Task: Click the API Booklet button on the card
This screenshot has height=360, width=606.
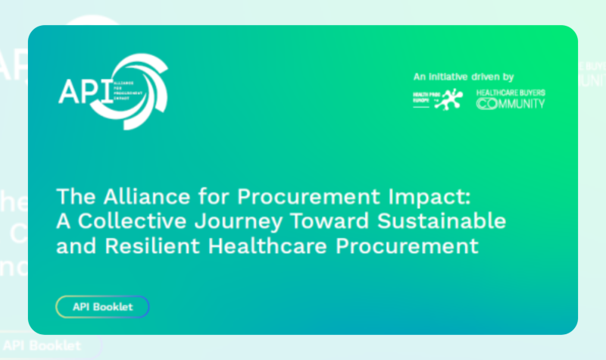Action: coord(102,307)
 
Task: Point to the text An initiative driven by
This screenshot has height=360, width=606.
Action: coord(464,77)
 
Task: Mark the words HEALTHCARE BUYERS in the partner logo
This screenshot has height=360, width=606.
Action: coord(511,92)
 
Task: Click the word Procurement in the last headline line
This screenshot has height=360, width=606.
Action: coord(409,246)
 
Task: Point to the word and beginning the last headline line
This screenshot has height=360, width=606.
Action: coord(73,246)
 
